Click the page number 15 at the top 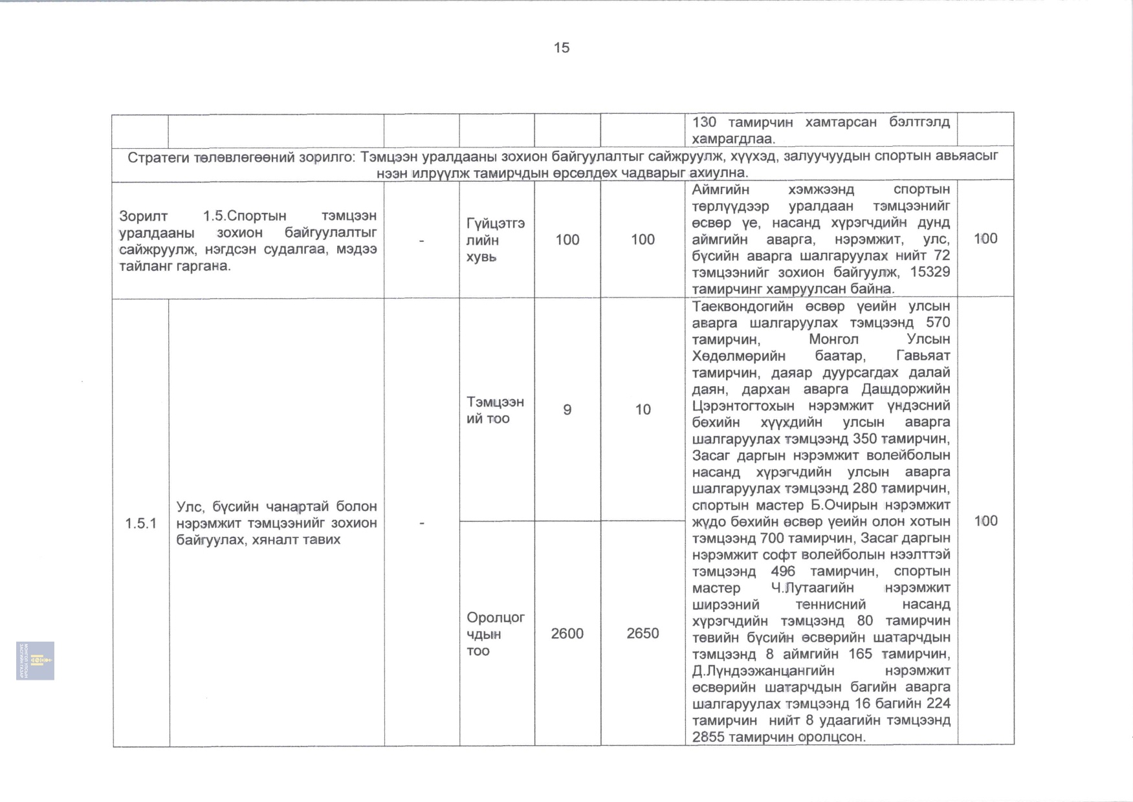(561, 48)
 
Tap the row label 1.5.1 (140, 523)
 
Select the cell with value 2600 (567, 634)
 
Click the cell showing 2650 (643, 634)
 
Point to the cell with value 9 (567, 410)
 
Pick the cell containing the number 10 (643, 410)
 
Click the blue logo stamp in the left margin (35, 660)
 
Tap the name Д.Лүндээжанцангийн (763, 671)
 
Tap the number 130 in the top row (704, 122)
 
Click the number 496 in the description (782, 572)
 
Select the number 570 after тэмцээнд (938, 323)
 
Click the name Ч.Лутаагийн (812, 589)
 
